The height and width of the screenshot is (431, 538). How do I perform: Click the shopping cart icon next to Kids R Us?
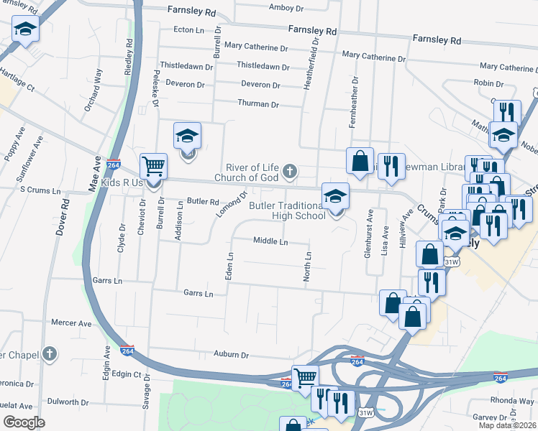[153, 167]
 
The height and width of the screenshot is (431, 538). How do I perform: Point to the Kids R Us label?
[122, 183]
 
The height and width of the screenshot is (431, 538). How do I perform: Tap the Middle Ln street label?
[270, 241]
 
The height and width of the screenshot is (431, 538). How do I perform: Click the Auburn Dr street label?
[230, 354]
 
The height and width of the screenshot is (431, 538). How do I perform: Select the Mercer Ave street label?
[71, 323]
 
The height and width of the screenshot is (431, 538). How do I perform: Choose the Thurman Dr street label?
[258, 104]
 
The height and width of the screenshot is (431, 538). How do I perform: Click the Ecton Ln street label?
[189, 30]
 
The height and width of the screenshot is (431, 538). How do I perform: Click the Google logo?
[24, 422]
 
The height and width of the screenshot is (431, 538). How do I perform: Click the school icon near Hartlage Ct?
[25, 30]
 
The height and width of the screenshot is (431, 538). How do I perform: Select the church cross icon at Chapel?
[50, 354]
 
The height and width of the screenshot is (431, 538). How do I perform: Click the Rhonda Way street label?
[511, 400]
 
